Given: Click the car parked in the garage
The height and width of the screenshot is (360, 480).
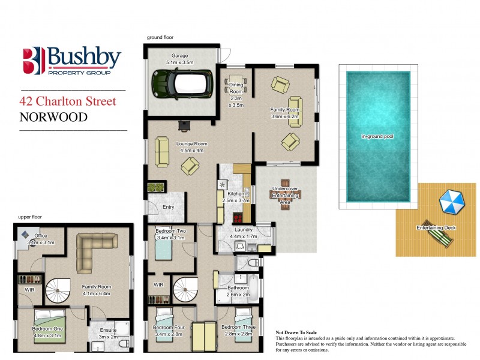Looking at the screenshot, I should tap(178, 83).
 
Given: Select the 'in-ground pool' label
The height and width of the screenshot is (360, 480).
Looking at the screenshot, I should tap(377, 137).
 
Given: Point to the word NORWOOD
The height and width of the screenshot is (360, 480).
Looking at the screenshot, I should tap(53, 117).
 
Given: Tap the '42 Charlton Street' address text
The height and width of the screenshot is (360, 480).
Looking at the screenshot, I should tap(68, 101).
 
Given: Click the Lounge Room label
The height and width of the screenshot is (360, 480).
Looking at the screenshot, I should tap(191, 144).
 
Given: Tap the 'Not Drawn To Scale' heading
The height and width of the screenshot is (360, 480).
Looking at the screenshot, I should tap(296, 332).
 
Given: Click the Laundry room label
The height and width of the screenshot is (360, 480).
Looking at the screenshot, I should tap(244, 229).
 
